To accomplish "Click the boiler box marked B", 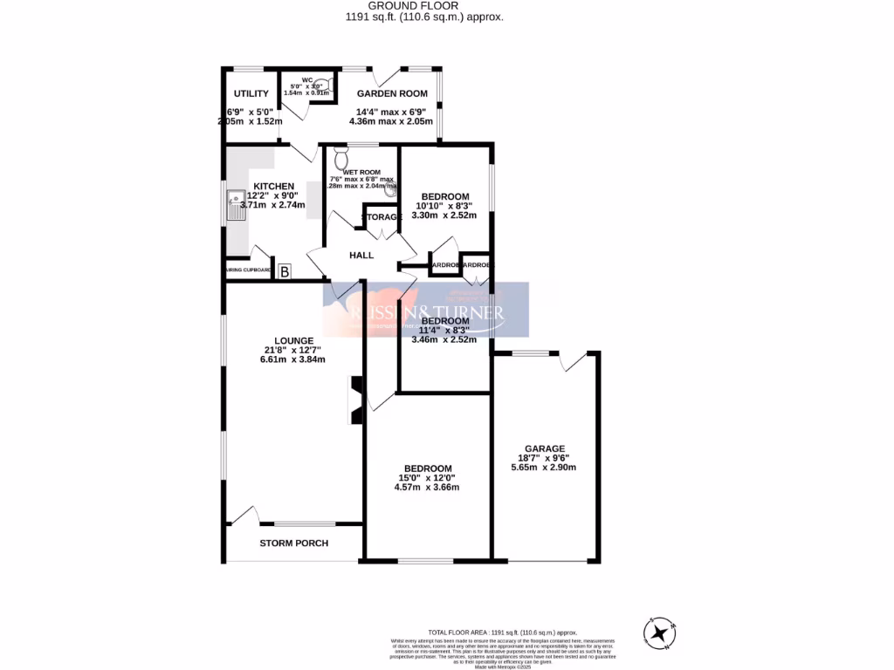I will coord(285,272).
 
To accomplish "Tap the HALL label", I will coord(361,256).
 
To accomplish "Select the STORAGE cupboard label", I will coord(382,216).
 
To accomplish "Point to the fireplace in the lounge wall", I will coord(355,400).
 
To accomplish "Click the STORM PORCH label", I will coord(293,544).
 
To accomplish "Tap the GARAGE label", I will coord(544,448).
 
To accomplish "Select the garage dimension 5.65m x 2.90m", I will coord(544,467).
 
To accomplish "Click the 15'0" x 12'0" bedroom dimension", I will coord(427,477).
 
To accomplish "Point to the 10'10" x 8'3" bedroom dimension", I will coord(444,206).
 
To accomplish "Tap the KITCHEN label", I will coord(273,186).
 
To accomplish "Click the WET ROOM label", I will coord(361,172).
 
